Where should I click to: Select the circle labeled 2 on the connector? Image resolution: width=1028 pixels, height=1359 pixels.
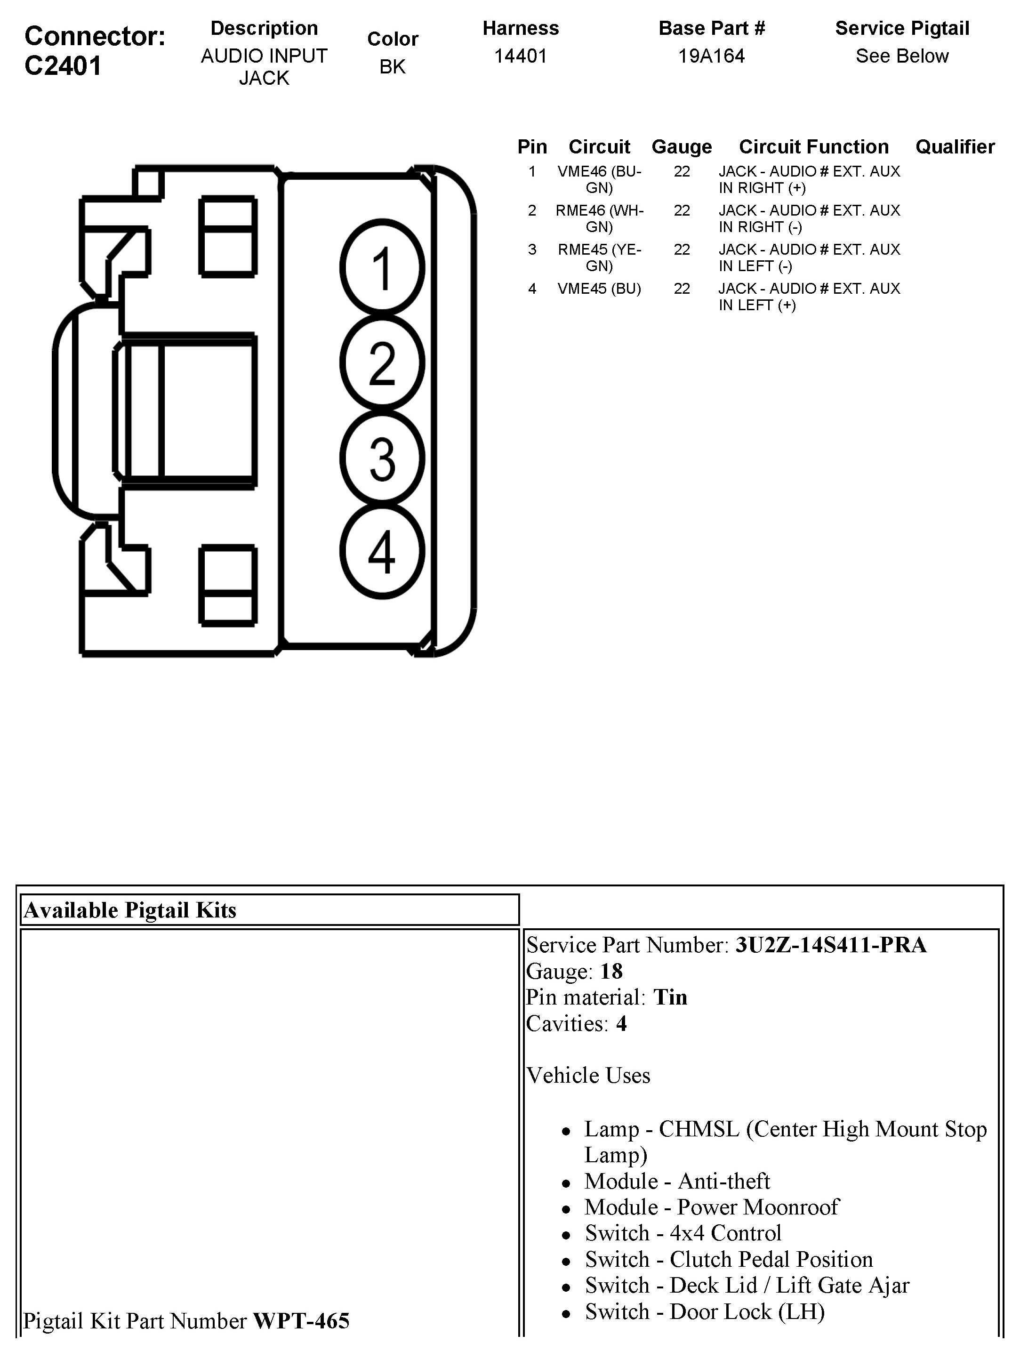[382, 363]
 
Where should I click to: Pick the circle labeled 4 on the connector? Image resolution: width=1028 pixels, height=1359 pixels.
[382, 552]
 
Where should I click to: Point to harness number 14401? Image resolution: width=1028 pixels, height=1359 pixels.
[521, 56]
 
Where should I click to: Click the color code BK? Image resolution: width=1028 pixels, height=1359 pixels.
[393, 66]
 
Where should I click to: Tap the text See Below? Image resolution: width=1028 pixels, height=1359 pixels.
[902, 56]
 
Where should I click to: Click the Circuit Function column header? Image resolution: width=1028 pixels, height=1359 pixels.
[813, 147]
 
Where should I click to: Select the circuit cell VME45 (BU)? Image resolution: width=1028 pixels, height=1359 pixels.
[599, 289]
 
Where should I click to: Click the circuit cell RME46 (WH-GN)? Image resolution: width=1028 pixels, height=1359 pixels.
[599, 219]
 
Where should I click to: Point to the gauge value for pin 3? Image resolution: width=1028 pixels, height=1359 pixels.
[682, 249]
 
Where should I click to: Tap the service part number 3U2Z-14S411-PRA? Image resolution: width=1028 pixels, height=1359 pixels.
[831, 945]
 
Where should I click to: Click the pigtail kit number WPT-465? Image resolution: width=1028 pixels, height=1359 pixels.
[301, 1321]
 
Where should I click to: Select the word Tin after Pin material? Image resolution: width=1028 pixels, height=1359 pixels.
[670, 997]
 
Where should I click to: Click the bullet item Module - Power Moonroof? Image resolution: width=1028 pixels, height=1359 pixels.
[711, 1206]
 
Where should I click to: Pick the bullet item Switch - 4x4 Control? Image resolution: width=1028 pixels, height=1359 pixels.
[683, 1232]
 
